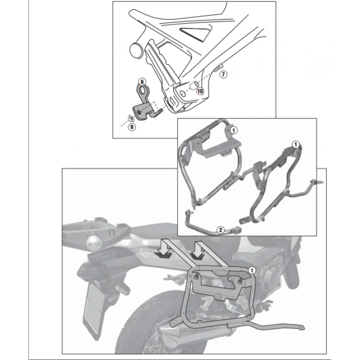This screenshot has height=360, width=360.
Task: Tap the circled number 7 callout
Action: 223,75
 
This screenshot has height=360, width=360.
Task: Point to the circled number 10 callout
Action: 200,91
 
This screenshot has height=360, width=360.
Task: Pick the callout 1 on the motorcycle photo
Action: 251,269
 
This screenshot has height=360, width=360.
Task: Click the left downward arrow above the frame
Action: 163,249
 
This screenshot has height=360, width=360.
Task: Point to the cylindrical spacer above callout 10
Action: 196,84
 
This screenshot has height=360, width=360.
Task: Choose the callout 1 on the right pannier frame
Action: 296,145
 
